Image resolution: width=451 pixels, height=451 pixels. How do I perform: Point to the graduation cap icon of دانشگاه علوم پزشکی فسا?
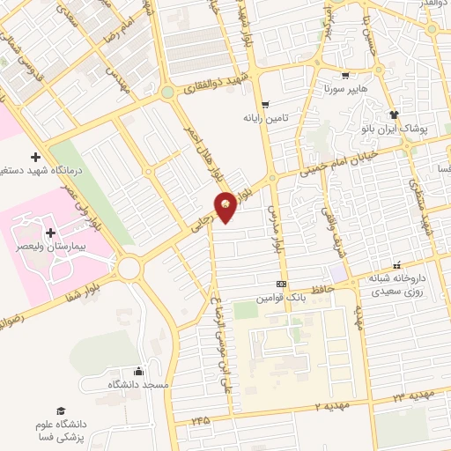click(61, 411)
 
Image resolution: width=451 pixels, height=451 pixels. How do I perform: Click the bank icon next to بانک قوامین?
click(280, 284)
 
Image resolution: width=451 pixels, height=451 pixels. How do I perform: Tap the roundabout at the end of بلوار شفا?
click(129, 267)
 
